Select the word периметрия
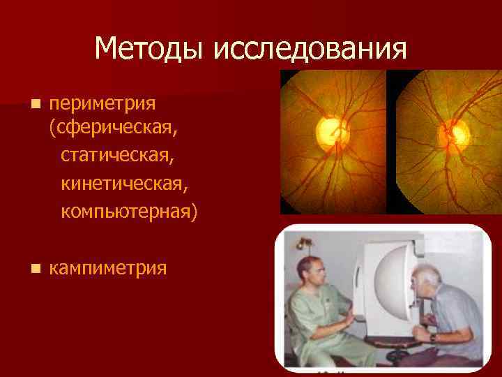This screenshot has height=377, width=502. (x=102, y=104)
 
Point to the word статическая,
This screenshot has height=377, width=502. (x=117, y=155)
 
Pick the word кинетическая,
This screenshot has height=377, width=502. (x=123, y=183)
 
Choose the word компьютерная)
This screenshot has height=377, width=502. (x=129, y=210)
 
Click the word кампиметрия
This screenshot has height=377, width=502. (x=108, y=267)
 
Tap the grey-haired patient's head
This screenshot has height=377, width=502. (x=427, y=282)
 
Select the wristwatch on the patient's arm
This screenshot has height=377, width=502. (x=433, y=337)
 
